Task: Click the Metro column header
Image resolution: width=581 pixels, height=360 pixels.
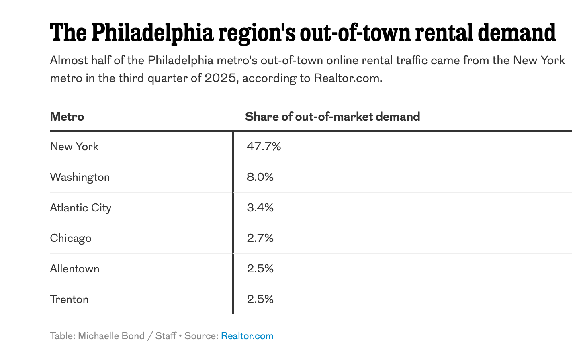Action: [67, 117]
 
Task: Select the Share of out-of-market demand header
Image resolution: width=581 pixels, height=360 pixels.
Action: [332, 117]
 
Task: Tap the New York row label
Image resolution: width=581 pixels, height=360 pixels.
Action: [74, 146]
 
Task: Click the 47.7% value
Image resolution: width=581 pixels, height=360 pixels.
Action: [264, 146]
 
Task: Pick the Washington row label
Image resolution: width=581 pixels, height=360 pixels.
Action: [80, 177]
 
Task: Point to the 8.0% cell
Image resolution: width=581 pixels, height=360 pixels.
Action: [260, 177]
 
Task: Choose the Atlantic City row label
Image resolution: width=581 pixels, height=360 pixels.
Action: [81, 207]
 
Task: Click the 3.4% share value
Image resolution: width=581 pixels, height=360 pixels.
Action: [260, 207]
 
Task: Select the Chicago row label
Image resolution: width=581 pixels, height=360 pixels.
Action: [71, 238]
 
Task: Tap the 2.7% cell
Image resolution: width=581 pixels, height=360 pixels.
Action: [260, 238]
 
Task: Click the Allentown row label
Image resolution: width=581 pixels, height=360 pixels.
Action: [75, 268]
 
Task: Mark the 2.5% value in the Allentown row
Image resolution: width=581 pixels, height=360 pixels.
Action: [260, 268]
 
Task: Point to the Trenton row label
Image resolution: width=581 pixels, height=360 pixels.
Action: [69, 299]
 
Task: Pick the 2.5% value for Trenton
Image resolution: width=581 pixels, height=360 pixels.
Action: [260, 299]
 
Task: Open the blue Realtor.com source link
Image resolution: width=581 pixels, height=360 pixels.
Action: [247, 336]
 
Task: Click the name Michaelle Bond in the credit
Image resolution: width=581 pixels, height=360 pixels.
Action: [111, 336]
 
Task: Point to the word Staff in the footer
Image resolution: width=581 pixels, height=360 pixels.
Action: [166, 336]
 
